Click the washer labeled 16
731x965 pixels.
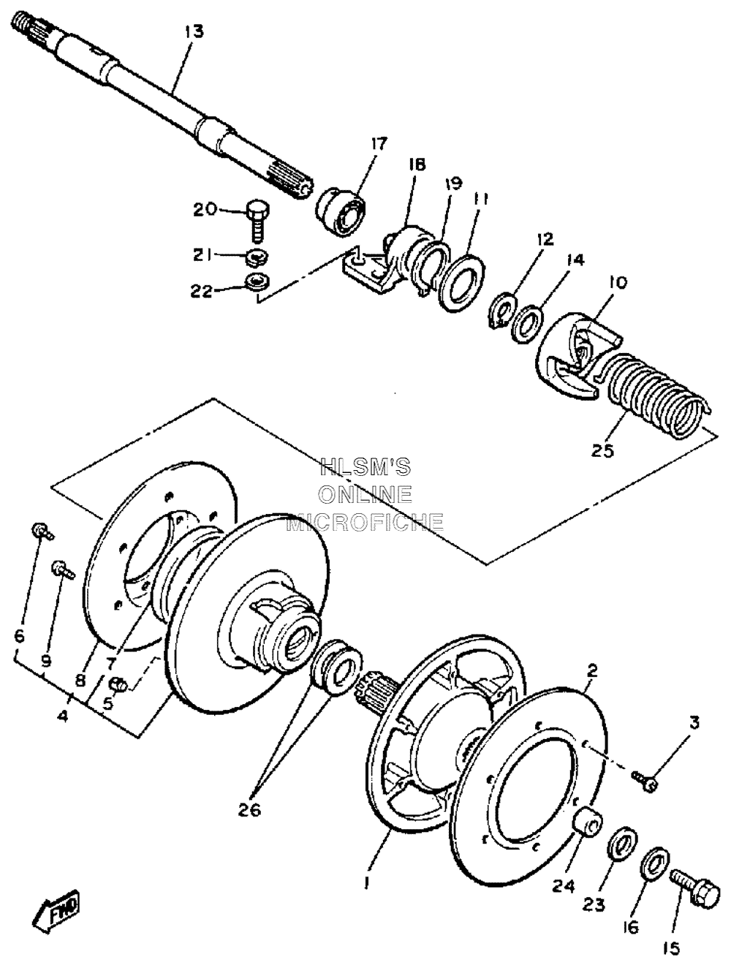coord(652,866)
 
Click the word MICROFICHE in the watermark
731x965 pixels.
coord(365,521)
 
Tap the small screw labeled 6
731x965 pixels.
coord(41,531)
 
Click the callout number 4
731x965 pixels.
coord(64,716)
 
